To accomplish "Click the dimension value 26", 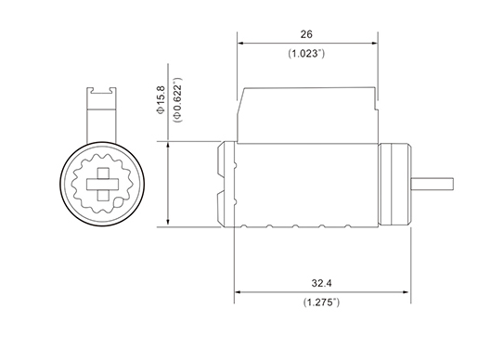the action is click(x=306, y=34).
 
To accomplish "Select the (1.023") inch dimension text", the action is click(x=306, y=54).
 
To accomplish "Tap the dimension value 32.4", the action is click(x=321, y=283).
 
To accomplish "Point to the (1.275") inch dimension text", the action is click(x=321, y=302).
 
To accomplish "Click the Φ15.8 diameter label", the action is click(x=161, y=100).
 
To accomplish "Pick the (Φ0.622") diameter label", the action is click(x=177, y=100).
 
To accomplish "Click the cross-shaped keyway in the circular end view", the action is click(x=102, y=185).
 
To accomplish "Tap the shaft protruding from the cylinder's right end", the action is click(x=433, y=184).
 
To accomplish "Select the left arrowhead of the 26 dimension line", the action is click(x=240, y=44).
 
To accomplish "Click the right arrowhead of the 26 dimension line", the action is click(x=374, y=44).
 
